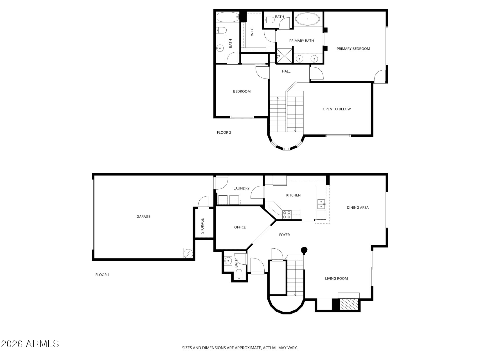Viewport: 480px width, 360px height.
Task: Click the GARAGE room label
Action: click(143, 217)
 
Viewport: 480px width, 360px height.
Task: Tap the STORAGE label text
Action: click(202, 226)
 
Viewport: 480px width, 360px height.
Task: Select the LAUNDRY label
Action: click(242, 188)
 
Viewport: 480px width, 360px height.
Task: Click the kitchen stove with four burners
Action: click(287, 215)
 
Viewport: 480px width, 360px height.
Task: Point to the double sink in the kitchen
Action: click(321, 204)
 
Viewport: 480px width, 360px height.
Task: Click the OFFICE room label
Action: click(240, 227)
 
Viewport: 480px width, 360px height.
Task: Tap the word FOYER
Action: click(284, 235)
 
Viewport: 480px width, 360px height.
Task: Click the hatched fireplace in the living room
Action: click(349, 303)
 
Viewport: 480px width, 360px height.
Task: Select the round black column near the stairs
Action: click(304, 250)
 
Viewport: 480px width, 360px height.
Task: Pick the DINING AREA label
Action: click(358, 208)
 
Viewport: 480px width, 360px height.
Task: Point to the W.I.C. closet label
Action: click(252, 31)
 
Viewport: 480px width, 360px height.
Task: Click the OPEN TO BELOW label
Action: click(337, 109)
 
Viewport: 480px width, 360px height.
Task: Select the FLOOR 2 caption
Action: click(224, 132)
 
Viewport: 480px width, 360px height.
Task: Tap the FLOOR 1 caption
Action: click(102, 275)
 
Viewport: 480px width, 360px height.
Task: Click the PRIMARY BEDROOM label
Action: click(353, 49)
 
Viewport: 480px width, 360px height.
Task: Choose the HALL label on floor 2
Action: click(286, 71)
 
